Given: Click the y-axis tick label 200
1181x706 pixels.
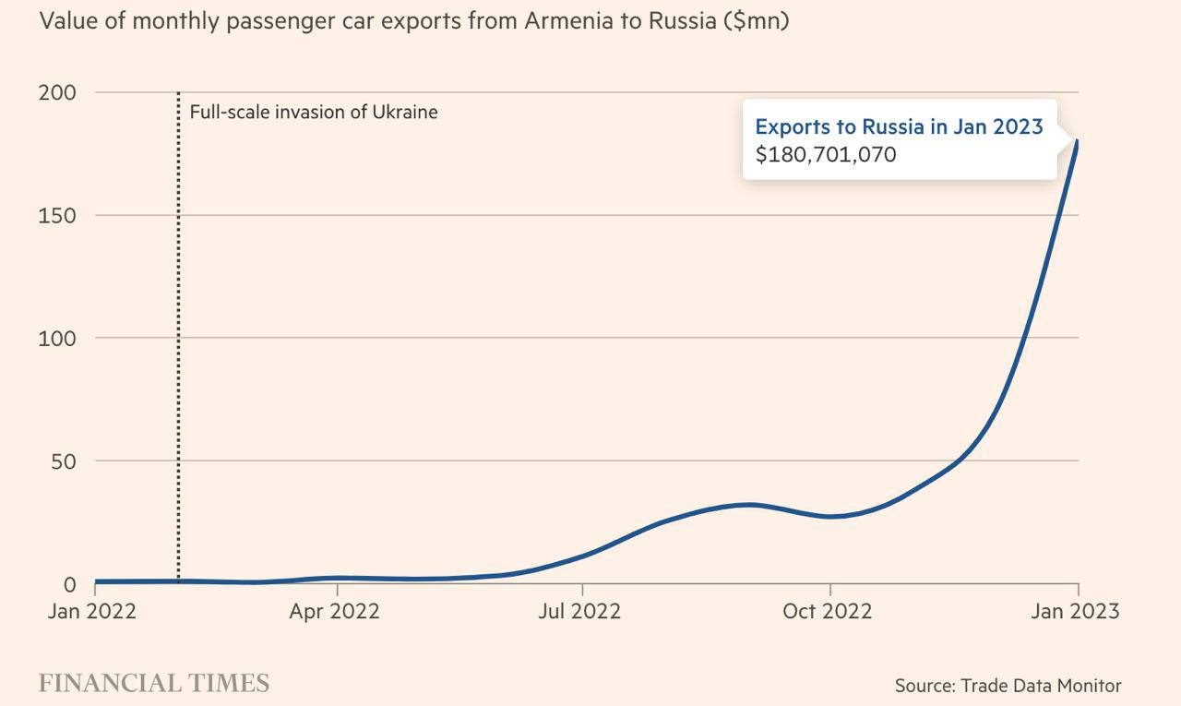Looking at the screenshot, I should click(57, 93).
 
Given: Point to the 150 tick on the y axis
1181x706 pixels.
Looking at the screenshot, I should click(57, 216).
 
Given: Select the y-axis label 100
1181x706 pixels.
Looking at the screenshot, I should click(57, 339).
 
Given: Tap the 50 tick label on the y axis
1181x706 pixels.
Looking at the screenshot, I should click(62, 461).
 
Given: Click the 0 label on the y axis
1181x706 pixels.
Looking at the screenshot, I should click(69, 585).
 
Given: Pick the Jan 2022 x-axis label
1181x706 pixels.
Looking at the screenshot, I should click(92, 611).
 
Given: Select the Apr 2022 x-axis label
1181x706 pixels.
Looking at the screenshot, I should click(334, 611).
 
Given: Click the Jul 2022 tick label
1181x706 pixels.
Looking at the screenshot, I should click(579, 611).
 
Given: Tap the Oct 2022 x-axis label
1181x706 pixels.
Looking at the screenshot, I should click(827, 611).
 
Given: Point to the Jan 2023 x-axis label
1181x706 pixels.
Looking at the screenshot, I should click(1074, 611).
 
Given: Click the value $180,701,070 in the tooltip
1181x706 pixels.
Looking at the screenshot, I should click(826, 154).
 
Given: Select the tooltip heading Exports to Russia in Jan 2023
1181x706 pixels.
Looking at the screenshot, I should click(899, 126).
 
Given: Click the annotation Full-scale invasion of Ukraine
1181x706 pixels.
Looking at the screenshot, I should click(314, 113).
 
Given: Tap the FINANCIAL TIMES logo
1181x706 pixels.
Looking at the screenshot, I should click(154, 684).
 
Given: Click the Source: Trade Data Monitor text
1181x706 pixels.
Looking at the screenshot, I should click(1008, 686).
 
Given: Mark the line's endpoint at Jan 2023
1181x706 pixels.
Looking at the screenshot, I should click(1077, 141).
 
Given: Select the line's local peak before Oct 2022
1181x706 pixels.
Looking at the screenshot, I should click(751, 505).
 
